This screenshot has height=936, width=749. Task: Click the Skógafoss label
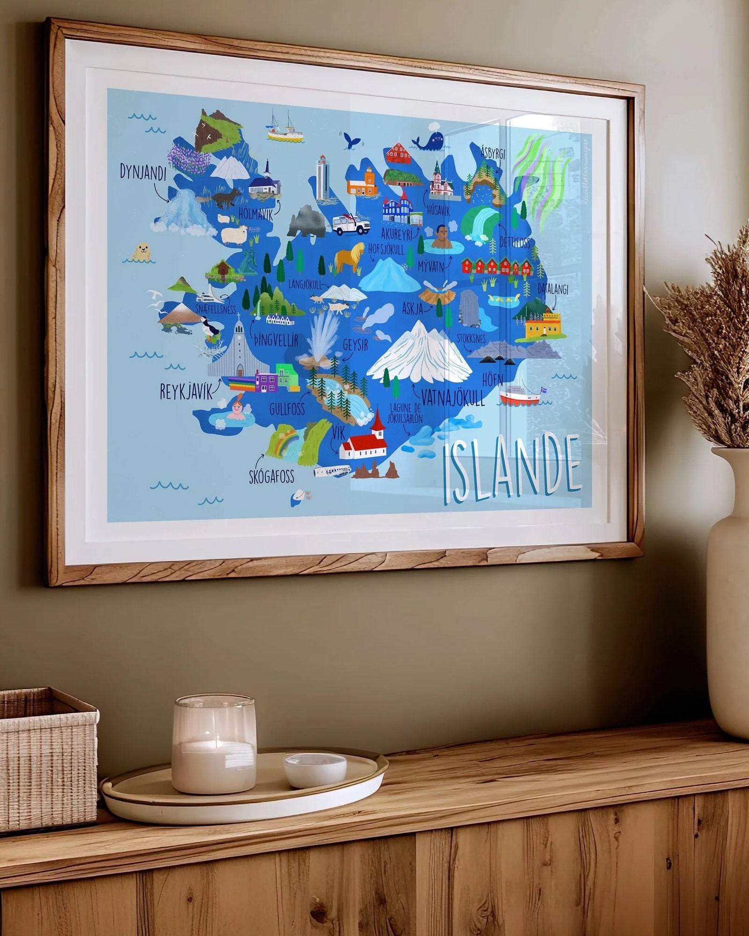click(x=272, y=476)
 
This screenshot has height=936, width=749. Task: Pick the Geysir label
click(x=355, y=345)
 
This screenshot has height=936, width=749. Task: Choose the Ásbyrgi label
click(x=493, y=151)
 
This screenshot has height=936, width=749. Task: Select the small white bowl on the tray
click(x=315, y=770)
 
